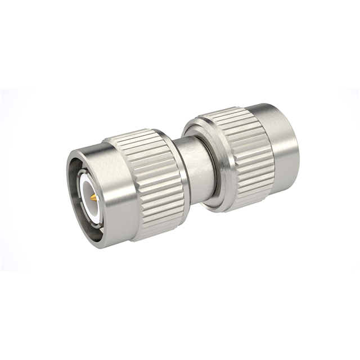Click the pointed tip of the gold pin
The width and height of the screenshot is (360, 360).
click(x=89, y=197)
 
